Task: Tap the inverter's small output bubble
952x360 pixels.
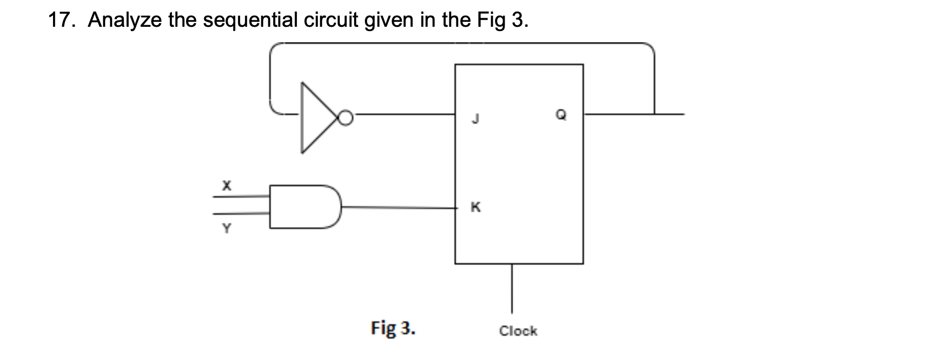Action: coord(347,117)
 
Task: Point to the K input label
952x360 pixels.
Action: coord(475,207)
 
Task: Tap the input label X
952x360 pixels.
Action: coord(227,185)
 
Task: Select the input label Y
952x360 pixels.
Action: coord(227,229)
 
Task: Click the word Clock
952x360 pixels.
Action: coord(518,331)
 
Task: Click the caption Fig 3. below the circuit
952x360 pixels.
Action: coord(393,328)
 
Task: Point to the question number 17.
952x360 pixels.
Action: coord(61,20)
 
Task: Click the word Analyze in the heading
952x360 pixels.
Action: coord(125,20)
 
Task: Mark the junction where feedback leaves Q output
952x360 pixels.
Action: coord(654,114)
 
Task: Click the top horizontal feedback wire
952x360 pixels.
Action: coord(461,43)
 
